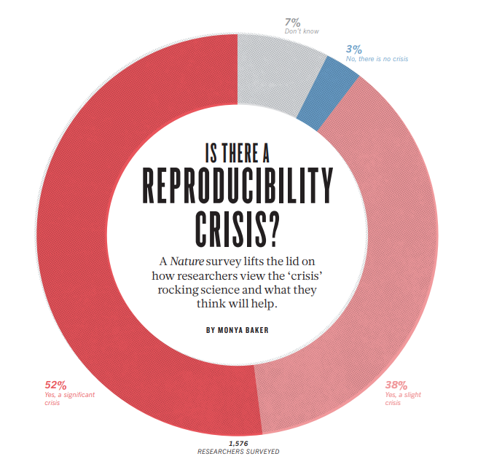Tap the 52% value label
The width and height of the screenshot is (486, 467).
point(56,385)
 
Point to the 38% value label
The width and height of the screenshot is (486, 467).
point(396,385)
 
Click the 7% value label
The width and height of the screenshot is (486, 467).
point(293,22)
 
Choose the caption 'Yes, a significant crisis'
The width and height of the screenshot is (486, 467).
point(70,398)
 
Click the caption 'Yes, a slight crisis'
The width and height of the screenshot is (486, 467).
point(403,398)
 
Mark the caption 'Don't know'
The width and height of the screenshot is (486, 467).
point(302,31)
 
